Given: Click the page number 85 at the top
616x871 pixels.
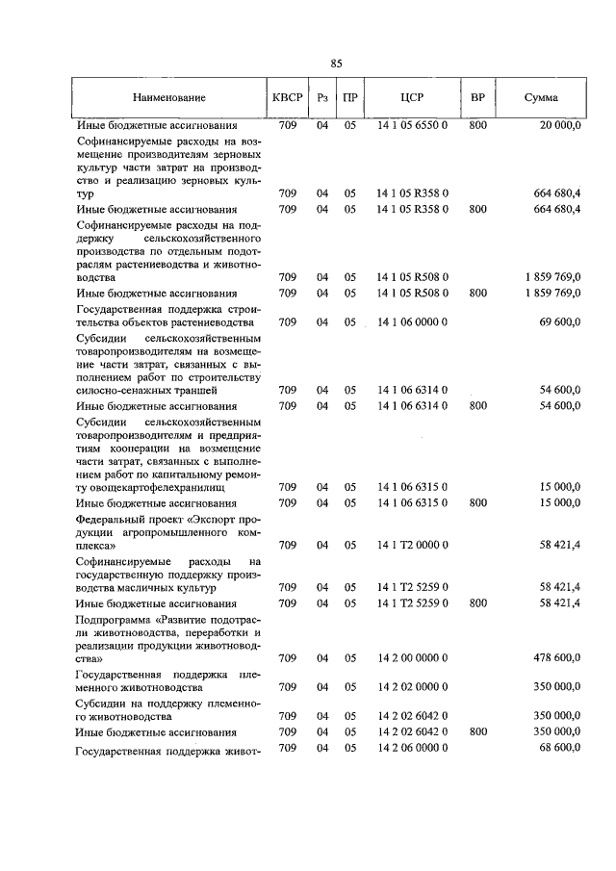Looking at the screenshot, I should point(336,64).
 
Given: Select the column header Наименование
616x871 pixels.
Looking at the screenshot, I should point(169,99).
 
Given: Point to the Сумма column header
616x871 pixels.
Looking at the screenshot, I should point(541,99).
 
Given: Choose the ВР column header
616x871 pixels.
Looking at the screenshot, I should point(476,99).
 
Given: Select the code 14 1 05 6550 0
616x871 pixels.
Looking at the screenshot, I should point(412,126).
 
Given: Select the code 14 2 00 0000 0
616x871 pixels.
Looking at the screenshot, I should point(412,658).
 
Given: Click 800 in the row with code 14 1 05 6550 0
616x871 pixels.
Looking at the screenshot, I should point(477,126).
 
